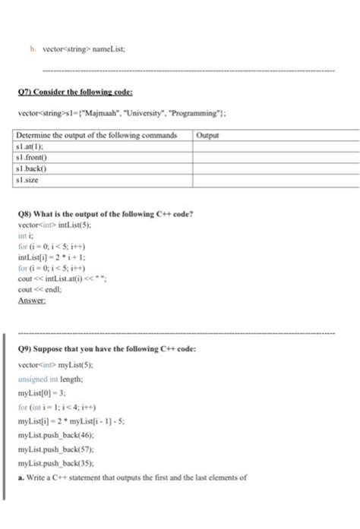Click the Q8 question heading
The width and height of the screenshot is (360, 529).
coord(107,213)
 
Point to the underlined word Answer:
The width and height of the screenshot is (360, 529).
coord(31,300)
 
